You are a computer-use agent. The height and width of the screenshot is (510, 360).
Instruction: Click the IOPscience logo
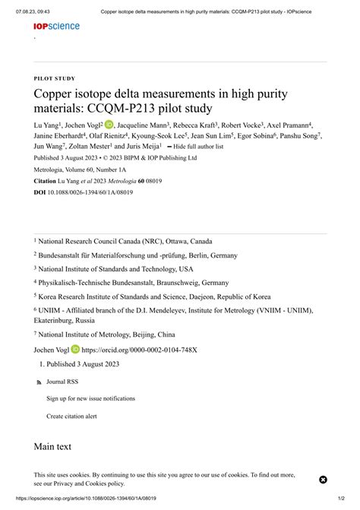tap(56, 26)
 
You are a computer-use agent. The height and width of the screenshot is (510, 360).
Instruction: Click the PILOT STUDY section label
tap(54, 78)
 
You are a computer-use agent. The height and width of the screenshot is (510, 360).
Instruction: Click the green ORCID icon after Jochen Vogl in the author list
tap(109, 125)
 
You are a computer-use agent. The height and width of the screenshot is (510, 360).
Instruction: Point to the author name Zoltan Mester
tap(90, 146)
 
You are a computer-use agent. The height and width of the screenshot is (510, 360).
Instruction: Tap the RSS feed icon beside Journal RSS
tap(39, 382)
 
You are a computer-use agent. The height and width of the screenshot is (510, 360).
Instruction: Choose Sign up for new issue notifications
tap(90, 398)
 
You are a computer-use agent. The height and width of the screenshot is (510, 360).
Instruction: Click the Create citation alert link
tap(71, 416)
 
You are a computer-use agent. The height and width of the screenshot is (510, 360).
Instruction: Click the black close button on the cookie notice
tap(322, 480)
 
